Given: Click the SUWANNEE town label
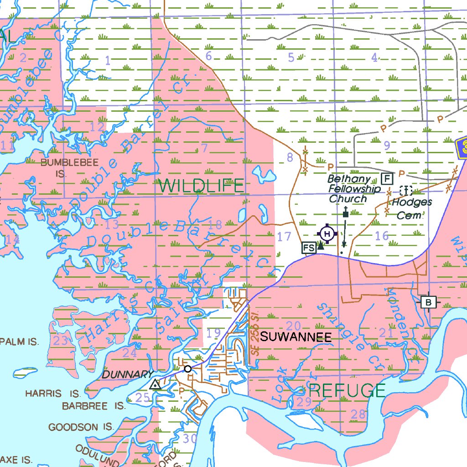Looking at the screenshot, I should (x=296, y=337).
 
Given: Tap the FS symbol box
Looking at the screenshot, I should (x=309, y=248).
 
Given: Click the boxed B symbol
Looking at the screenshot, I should (x=428, y=302).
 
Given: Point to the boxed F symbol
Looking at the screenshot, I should (x=387, y=178).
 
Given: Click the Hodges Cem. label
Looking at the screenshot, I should (x=411, y=208).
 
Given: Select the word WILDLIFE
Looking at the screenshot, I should (x=202, y=186).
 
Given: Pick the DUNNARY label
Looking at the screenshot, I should (x=127, y=374).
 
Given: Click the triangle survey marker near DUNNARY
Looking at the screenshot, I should (x=156, y=385).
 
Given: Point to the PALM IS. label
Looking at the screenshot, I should (x=20, y=342).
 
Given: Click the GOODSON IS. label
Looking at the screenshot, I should (x=81, y=427).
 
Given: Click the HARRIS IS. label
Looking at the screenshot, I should (x=53, y=393).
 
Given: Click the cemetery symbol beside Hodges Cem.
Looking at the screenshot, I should (x=405, y=191).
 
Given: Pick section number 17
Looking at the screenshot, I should (x=284, y=237).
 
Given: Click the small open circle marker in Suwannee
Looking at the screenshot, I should (x=187, y=368).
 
